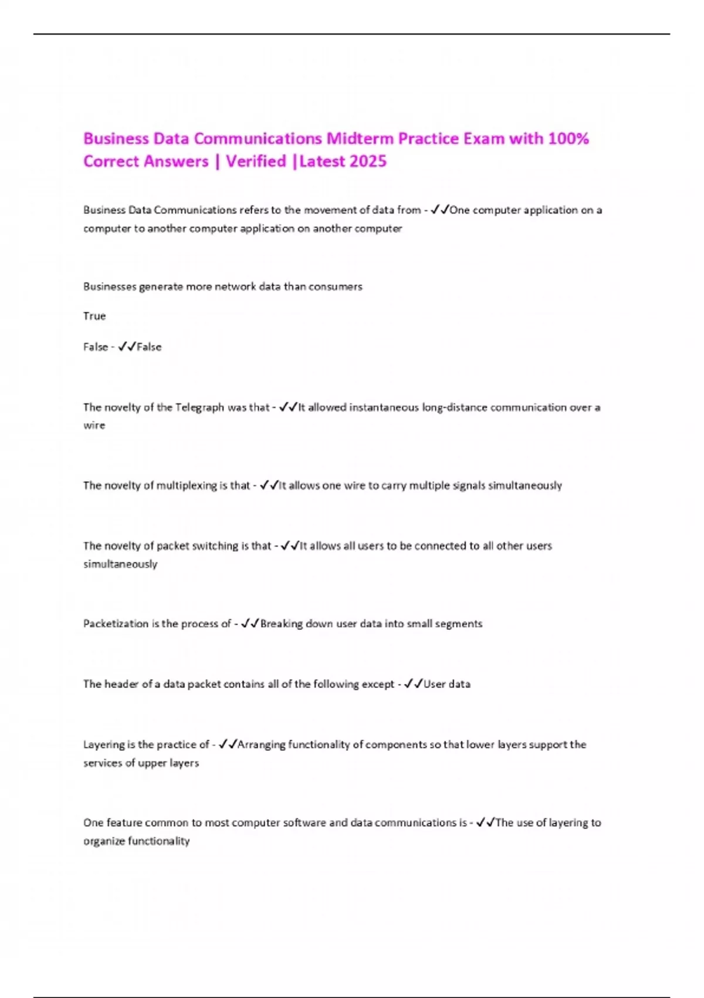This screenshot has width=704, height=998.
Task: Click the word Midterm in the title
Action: click(x=360, y=139)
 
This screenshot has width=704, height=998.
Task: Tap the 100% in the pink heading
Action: click(x=568, y=139)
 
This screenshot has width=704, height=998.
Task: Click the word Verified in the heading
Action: click(x=256, y=161)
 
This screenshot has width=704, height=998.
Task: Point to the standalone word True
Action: click(x=94, y=316)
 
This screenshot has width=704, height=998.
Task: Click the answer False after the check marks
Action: click(x=149, y=347)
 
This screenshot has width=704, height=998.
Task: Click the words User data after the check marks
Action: click(x=447, y=684)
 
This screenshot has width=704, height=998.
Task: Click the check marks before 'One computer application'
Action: click(x=439, y=210)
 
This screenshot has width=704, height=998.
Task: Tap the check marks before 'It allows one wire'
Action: click(x=269, y=485)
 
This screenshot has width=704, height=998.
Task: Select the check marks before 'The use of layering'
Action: click(x=486, y=822)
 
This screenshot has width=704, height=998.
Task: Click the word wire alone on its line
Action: click(x=94, y=426)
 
